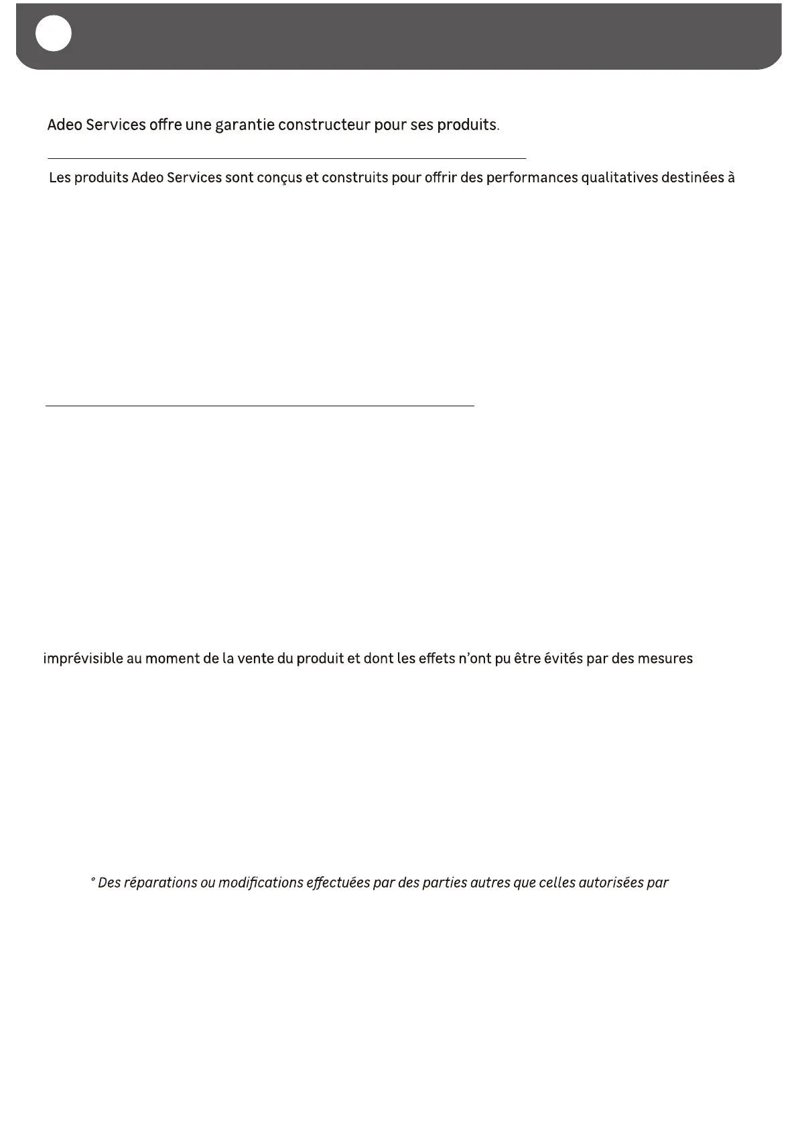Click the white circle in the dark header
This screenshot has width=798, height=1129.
coord(54,34)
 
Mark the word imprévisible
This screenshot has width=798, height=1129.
coord(83,659)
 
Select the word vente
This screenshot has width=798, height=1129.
coord(255,659)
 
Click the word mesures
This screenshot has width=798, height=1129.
coord(665,659)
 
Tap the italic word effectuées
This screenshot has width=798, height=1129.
coord(337,883)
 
